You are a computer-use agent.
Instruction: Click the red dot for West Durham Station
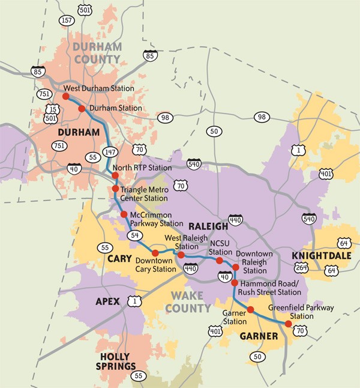tap(65, 95)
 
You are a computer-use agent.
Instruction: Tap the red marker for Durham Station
tap(82, 108)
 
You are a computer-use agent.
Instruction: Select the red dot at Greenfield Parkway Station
tap(289, 323)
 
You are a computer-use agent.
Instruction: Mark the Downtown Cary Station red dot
tap(155, 253)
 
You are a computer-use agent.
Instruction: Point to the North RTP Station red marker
tap(115, 175)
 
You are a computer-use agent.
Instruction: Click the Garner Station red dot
tap(250, 310)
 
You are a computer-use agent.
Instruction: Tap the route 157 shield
tap(67, 20)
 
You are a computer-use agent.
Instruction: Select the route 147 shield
tap(110, 152)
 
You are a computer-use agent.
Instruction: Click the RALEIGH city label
tap(208, 226)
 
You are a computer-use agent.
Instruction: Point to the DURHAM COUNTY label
tap(97, 52)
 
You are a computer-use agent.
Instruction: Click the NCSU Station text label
tap(220, 247)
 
